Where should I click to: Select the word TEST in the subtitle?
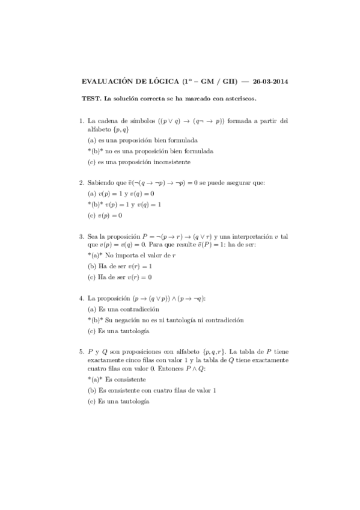tap(90, 98)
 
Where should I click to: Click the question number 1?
tap(81, 121)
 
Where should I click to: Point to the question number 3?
tap(81, 237)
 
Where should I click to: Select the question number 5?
tap(81, 352)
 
